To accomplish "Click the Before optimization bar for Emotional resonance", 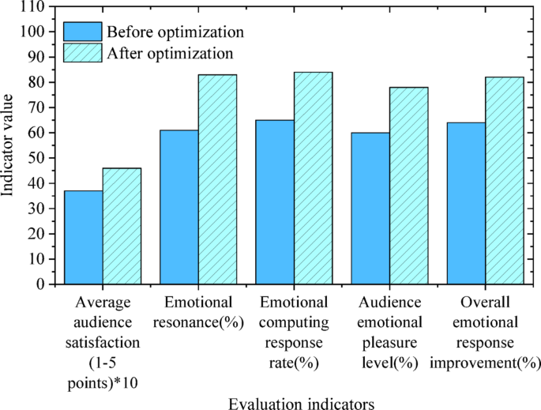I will pos(179,207).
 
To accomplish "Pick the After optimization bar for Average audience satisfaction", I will pos(122,226).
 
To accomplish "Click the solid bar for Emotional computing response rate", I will pos(275,202).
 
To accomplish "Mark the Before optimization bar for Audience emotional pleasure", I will pos(370,209).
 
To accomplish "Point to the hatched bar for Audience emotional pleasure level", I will pos(408,186).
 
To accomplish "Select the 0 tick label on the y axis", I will pos(39,284).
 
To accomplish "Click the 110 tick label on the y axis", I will pos(32,7).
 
